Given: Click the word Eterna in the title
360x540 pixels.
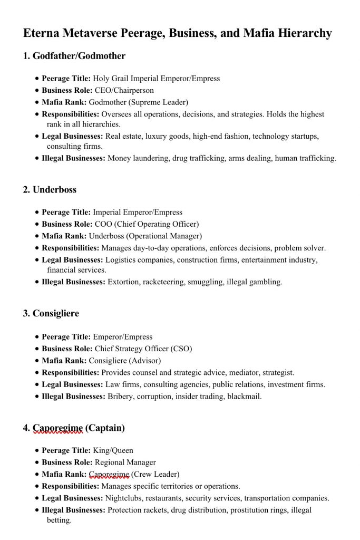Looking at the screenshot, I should coord(42,33).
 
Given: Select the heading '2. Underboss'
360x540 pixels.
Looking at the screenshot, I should coord(50,189).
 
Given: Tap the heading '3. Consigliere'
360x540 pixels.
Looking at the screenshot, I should coord(51,313).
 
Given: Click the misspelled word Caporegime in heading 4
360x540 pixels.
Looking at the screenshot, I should coord(57,428).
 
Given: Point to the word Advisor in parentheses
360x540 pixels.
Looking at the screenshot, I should coord(145,361).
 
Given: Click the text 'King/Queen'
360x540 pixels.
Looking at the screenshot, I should coord(113,450).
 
